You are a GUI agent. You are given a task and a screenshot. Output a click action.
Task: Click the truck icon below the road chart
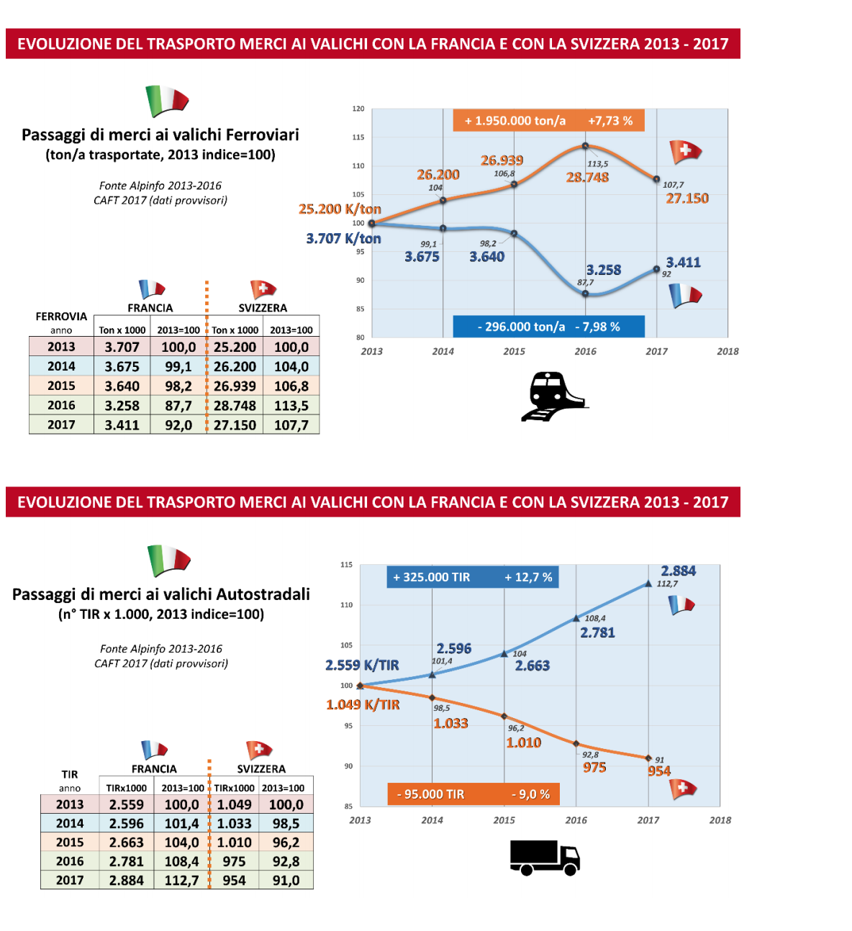pyautogui.click(x=545, y=857)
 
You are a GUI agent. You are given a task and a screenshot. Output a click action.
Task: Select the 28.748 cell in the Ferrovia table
pyautogui.click(x=235, y=406)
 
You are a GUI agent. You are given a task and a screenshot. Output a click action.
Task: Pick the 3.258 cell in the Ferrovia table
pyautogui.click(x=122, y=406)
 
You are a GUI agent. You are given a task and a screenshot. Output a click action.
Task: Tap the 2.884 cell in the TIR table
pyautogui.click(x=127, y=880)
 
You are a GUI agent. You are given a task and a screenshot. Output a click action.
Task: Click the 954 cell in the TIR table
pyautogui.click(x=234, y=880)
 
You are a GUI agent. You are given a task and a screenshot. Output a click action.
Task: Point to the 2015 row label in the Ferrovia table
pyautogui.click(x=61, y=386)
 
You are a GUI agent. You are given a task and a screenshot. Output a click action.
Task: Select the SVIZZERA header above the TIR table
pyautogui.click(x=261, y=769)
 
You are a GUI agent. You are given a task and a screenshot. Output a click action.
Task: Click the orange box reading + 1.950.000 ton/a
pyautogui.click(x=548, y=121)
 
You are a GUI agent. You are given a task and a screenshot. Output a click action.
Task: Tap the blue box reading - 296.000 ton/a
pyautogui.click(x=548, y=327)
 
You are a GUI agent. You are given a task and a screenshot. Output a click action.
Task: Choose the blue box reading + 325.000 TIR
pyautogui.click(x=472, y=577)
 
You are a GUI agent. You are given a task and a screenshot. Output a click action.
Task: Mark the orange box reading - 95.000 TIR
pyautogui.click(x=473, y=794)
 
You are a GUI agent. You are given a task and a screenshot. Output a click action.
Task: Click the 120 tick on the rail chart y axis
pyautogui.click(x=358, y=109)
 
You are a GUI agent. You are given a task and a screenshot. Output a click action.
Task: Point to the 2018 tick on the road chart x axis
pyautogui.click(x=720, y=820)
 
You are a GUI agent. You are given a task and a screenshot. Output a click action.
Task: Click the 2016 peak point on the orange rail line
pyautogui.click(x=586, y=146)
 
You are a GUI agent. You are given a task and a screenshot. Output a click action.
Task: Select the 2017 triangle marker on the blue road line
pyautogui.click(x=648, y=583)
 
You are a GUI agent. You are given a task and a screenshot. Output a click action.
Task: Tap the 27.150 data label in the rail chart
pyautogui.click(x=686, y=199)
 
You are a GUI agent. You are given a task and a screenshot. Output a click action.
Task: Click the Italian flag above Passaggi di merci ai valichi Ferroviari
pyautogui.click(x=167, y=101)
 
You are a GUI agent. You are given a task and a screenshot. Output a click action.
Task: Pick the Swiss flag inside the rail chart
pyautogui.click(x=684, y=151)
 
